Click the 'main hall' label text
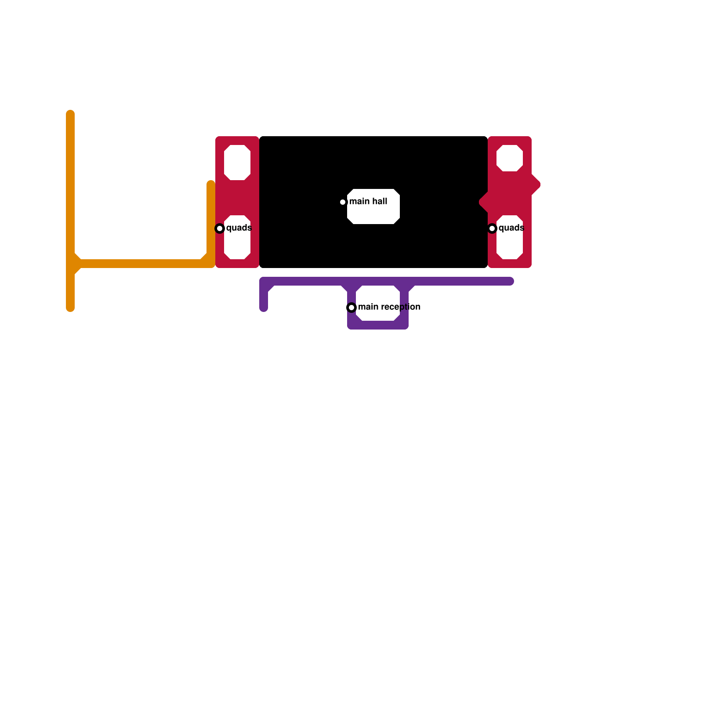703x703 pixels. coord(368,202)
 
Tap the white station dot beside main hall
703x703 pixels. coord(343,202)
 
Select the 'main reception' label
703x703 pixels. coord(389,307)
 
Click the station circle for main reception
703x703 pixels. coord(351,308)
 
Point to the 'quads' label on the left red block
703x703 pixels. coord(239,228)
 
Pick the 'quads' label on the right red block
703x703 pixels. coord(511,228)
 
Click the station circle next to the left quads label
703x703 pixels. coord(220,228)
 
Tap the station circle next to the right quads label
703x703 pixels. coord(492,228)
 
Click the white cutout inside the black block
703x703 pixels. coord(373,207)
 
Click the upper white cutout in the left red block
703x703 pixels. coord(237,163)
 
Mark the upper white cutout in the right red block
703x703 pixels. coord(510,158)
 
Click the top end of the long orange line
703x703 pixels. coord(70,113)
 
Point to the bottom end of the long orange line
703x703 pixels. coord(70,308)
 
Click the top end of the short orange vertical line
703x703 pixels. coord(211,184)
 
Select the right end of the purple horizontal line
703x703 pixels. coord(511,281)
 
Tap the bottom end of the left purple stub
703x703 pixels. coord(264,308)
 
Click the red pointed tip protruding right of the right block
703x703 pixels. coord(538,185)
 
